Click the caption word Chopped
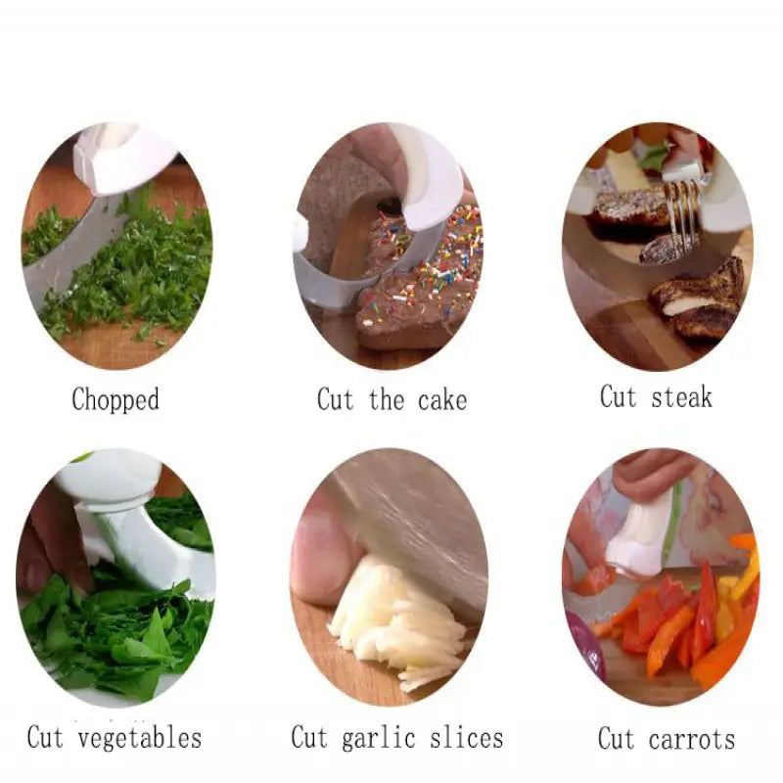115,399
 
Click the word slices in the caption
470,736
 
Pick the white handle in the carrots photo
641,533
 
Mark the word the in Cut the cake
387,399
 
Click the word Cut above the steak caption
618,396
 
